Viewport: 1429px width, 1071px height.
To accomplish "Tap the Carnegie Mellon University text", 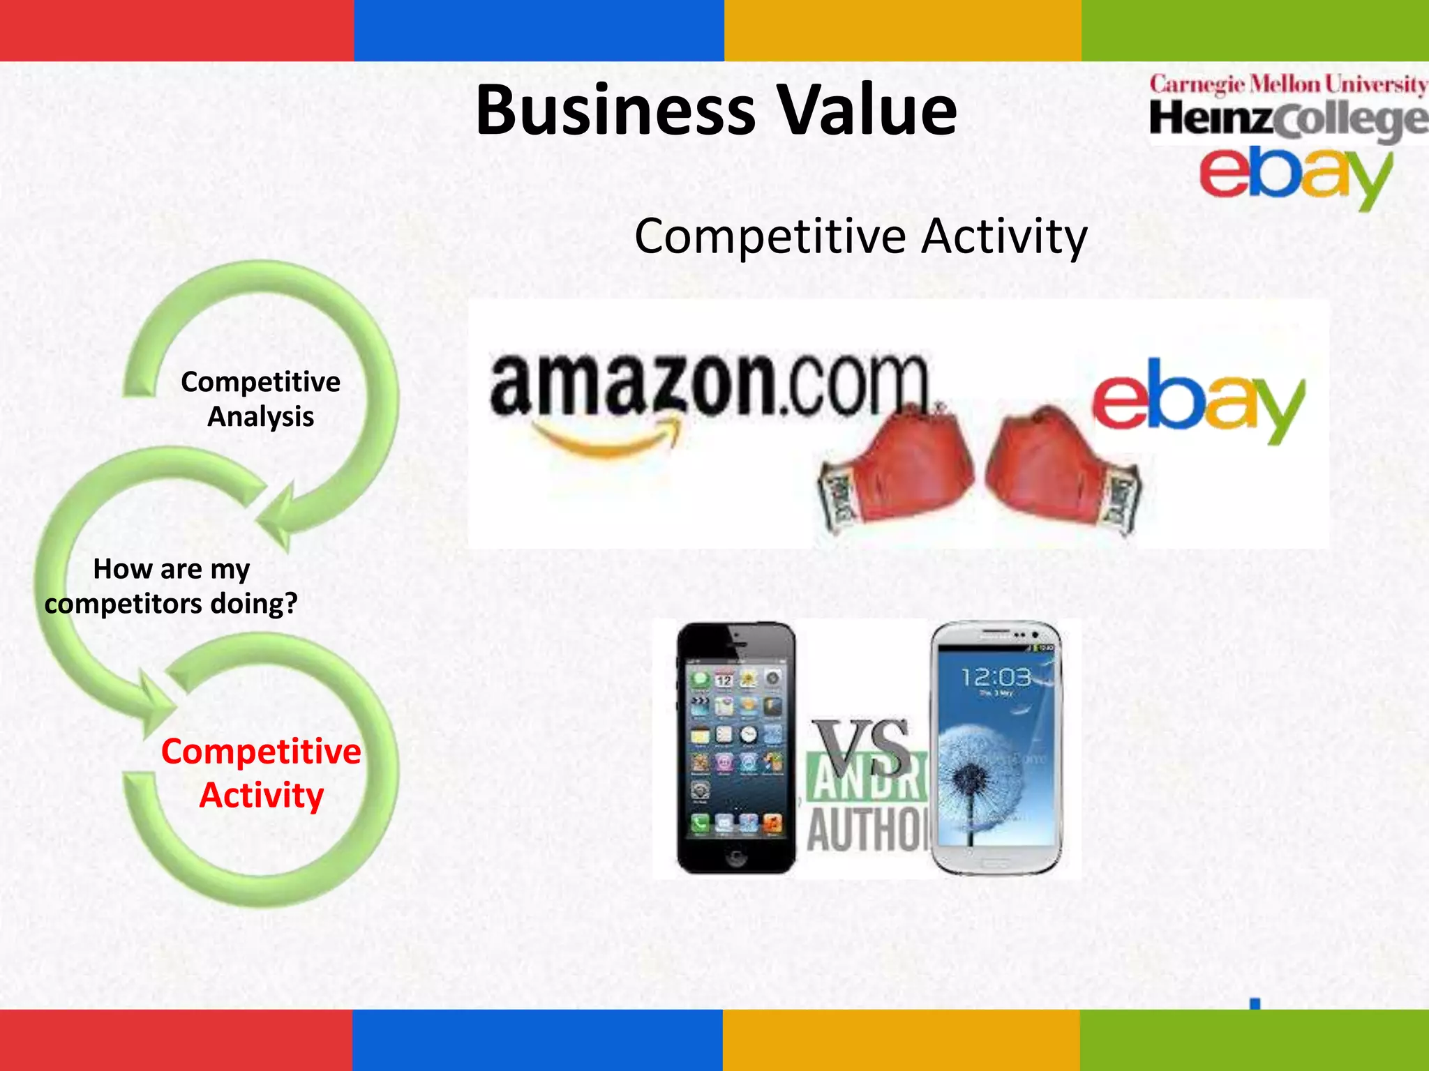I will point(1288,85).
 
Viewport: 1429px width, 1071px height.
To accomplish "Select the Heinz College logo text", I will point(1288,120).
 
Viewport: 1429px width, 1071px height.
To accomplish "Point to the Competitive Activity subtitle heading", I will point(860,237).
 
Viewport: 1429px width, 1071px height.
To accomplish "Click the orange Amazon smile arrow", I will point(607,439).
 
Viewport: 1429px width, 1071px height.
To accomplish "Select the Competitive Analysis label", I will point(260,399).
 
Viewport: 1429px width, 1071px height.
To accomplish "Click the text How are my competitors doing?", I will point(171,586).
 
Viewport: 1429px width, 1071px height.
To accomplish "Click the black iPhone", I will point(736,747).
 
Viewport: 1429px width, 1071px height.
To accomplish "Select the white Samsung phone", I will point(996,747).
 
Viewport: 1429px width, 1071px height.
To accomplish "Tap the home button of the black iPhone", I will point(736,857).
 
